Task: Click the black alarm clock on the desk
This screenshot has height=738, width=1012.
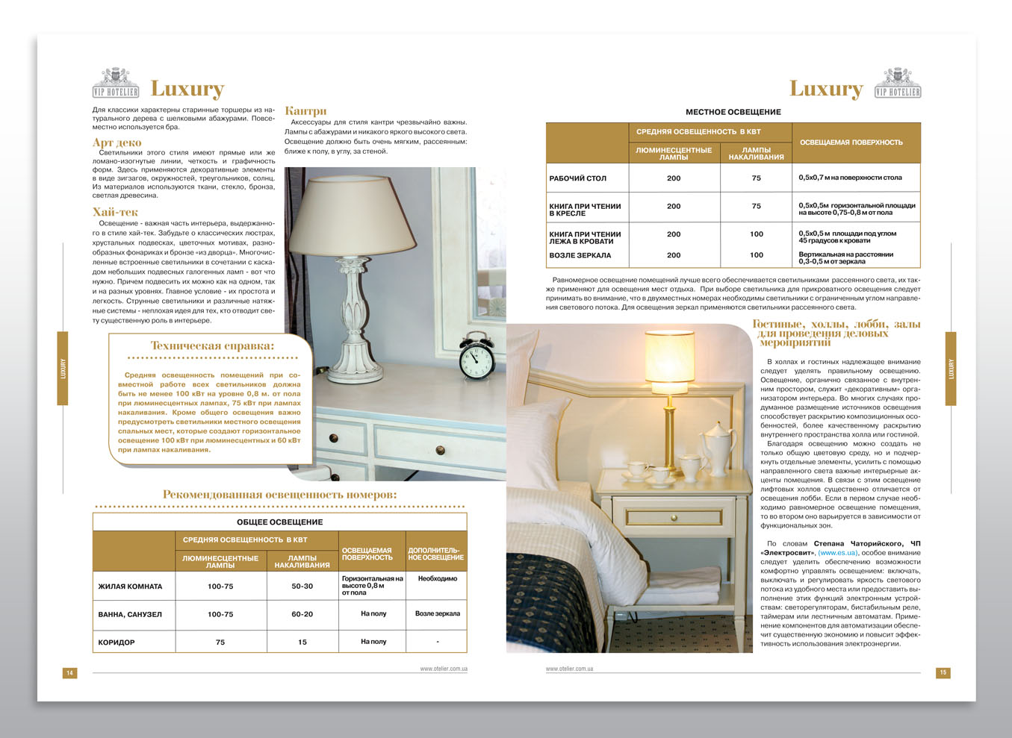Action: [476, 357]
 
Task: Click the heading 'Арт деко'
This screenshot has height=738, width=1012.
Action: [117, 143]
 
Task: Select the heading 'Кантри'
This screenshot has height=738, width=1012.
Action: [305, 111]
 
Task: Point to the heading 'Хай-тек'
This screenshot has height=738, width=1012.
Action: [115, 212]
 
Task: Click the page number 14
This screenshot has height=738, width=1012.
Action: [69, 673]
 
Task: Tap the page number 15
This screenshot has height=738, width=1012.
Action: [943, 672]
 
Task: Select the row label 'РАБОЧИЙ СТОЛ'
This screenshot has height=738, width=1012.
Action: [577, 178]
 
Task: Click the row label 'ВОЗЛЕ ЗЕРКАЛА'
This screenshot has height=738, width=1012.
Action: [580, 255]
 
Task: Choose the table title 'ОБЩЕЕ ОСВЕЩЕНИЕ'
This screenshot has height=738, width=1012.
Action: [279, 522]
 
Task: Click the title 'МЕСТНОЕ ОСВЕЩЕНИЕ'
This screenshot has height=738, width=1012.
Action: [733, 112]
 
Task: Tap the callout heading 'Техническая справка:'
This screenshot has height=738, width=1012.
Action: [212, 345]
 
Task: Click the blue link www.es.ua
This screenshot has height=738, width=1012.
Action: [838, 553]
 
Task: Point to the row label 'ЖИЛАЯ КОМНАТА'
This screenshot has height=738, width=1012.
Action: [130, 587]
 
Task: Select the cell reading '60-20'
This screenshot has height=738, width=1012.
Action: [302, 614]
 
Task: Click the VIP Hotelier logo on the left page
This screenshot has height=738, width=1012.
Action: [116, 84]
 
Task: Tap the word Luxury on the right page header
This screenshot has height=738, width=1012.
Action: [825, 89]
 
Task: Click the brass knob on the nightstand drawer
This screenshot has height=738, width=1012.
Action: [674, 517]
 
